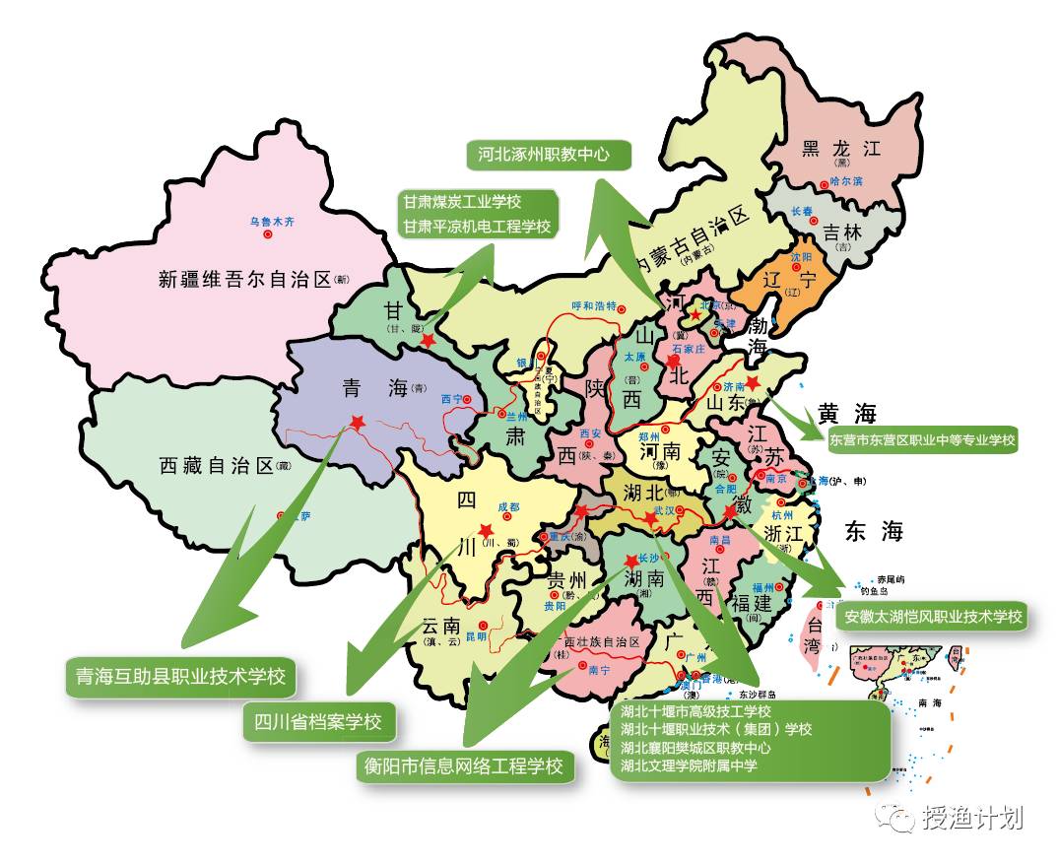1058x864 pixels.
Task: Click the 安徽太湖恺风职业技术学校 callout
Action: (932, 617)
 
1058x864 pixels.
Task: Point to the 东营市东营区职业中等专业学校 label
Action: (922, 440)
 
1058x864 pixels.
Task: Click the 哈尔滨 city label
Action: (845, 181)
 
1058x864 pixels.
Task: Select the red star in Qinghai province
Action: (357, 423)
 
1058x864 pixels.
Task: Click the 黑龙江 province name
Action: (839, 149)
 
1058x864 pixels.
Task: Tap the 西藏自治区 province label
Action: (215, 466)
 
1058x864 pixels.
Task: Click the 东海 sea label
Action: (872, 532)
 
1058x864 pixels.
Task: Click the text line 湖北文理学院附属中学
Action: (689, 765)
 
